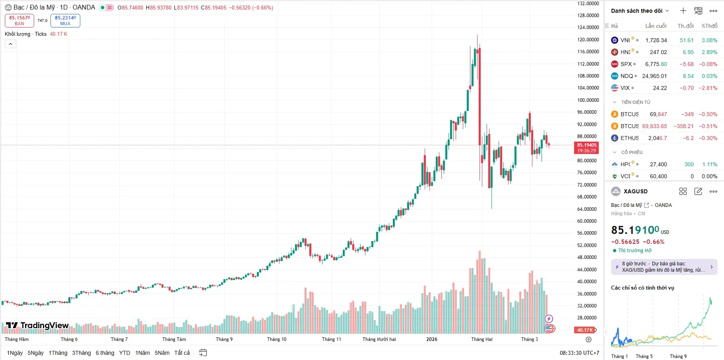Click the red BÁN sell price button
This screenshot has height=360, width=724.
coord(19,20)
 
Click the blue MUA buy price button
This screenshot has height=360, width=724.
coord(65,20)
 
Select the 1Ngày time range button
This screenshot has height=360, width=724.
coord(15,353)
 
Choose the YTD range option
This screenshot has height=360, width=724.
coord(124,353)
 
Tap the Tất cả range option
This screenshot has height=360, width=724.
coord(182,353)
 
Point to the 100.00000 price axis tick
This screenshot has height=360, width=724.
coord(588,100)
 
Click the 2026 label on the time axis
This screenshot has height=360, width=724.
coord(431,339)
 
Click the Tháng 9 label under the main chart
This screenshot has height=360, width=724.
coord(224,339)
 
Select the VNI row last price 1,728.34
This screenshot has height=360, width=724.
coord(656,40)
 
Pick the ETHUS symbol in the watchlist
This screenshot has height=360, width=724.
coord(629,138)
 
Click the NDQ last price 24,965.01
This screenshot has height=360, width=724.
coord(654,76)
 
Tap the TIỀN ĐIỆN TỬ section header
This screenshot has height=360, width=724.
coord(635,102)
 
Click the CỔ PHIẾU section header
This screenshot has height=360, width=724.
coord(631,152)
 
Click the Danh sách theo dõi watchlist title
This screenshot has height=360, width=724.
coord(637,11)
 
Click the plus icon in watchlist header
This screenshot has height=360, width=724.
coord(683,11)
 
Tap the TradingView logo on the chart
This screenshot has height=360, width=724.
coord(38,326)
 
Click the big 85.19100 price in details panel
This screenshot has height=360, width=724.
coord(635,230)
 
